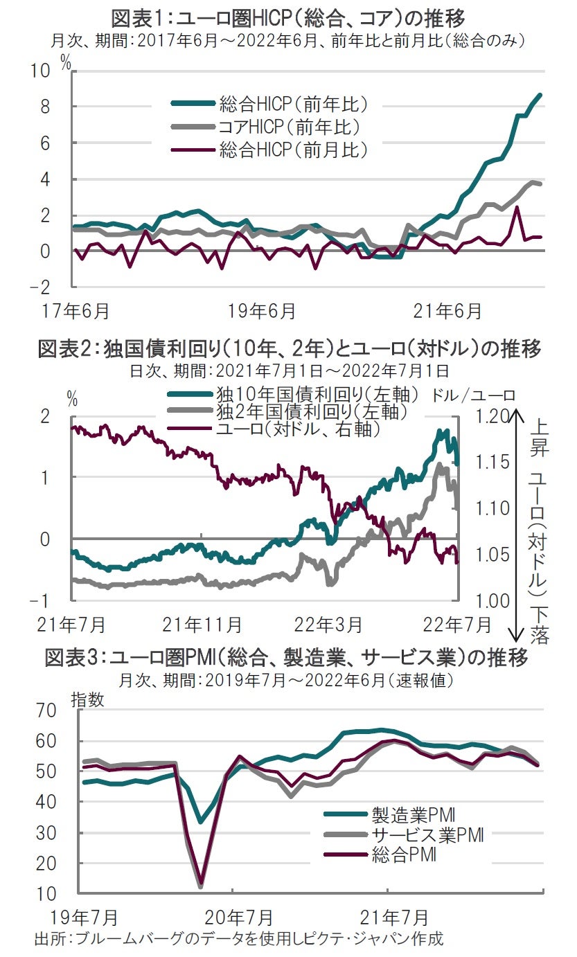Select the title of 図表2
tap(288, 349)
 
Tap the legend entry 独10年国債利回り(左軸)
tap(318, 395)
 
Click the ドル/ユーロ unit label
tap(474, 395)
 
